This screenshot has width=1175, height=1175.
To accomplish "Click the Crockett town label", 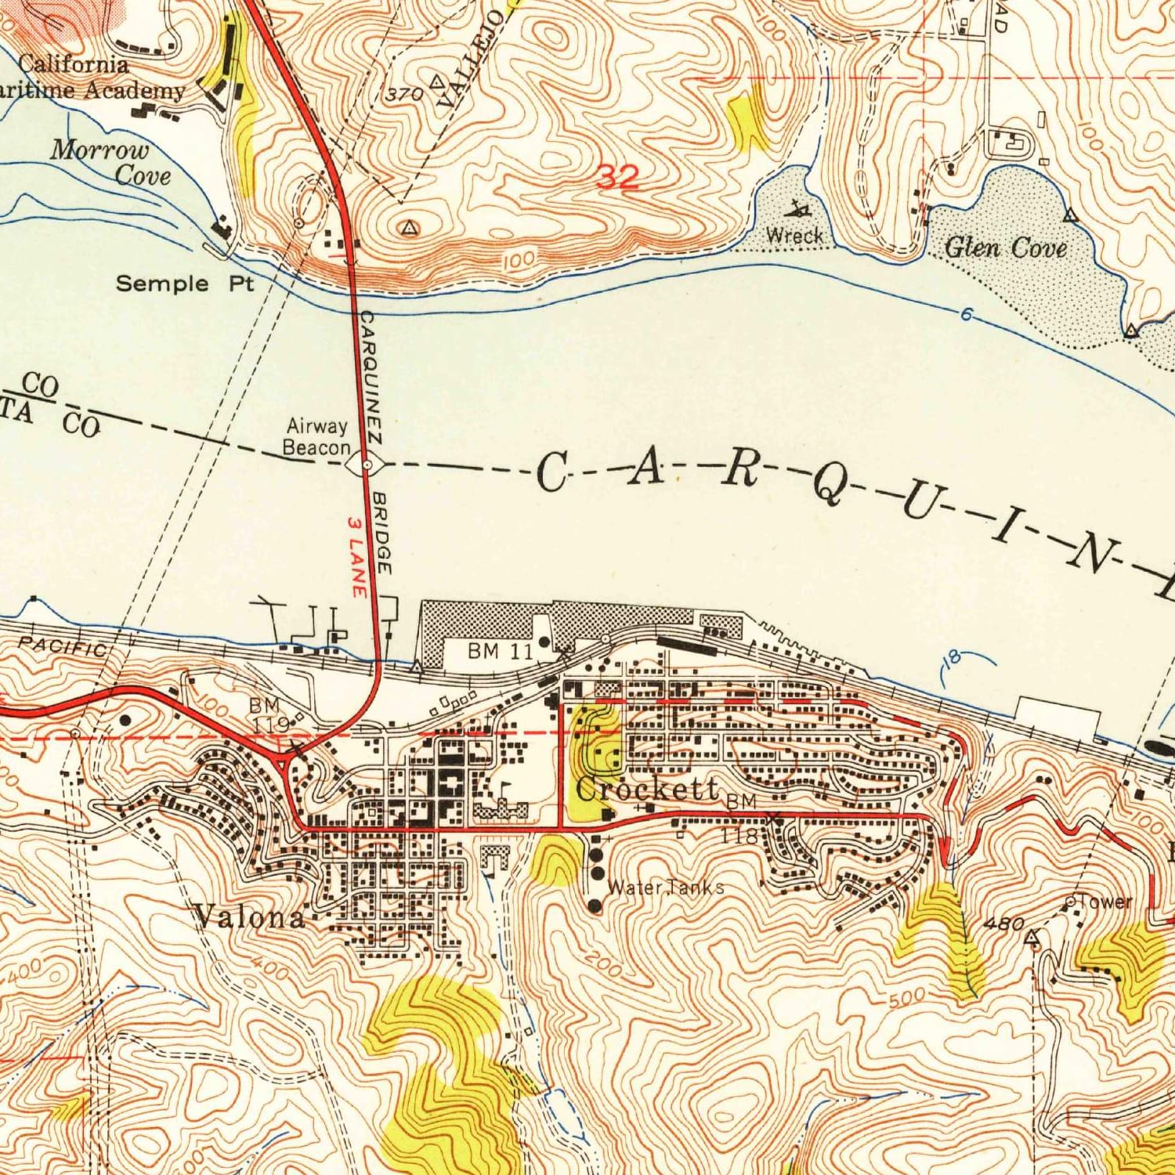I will [x=647, y=789].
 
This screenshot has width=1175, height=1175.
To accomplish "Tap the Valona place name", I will [x=251, y=916].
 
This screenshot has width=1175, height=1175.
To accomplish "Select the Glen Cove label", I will [x=1006, y=248].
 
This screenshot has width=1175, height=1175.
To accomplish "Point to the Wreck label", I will [x=794, y=235].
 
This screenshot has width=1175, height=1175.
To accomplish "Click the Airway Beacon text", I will [x=316, y=437].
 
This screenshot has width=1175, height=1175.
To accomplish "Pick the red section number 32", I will [x=618, y=178].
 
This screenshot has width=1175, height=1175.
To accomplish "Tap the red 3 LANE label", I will [x=356, y=557].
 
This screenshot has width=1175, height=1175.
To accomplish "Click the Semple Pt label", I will [x=185, y=284].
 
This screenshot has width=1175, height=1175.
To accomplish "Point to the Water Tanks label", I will [x=665, y=888].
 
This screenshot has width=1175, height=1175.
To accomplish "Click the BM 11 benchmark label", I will [x=500, y=651].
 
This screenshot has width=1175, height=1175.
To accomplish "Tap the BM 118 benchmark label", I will [x=740, y=819].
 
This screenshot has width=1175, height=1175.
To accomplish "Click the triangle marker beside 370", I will [x=437, y=81].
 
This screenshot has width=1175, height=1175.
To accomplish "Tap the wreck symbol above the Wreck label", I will [x=799, y=208].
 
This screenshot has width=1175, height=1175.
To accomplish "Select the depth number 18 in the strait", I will [x=951, y=659].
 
